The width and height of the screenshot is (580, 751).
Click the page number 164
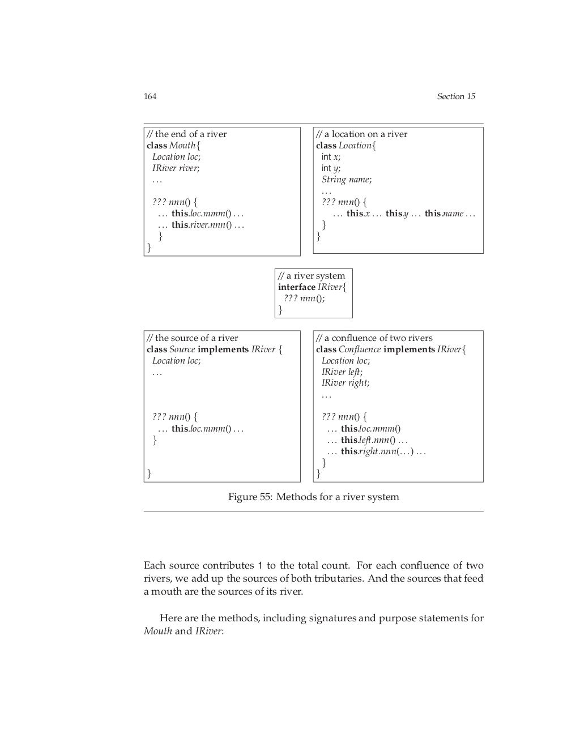click(x=150, y=96)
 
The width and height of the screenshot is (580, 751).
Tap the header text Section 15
click(x=455, y=96)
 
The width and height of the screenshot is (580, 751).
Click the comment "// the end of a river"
click(x=187, y=134)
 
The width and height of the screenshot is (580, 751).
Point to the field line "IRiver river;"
click(x=176, y=168)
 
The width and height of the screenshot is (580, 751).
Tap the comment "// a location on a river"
click(x=362, y=134)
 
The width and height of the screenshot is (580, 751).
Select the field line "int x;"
click(x=331, y=157)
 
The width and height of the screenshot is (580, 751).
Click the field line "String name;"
click(x=347, y=180)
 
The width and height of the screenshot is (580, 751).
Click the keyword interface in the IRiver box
click(x=296, y=287)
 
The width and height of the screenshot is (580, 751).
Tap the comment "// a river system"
click(x=312, y=276)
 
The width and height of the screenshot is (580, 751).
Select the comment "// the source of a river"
click(x=193, y=338)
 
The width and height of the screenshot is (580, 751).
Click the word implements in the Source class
click(x=223, y=349)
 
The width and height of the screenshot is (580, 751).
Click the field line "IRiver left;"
click(x=342, y=372)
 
